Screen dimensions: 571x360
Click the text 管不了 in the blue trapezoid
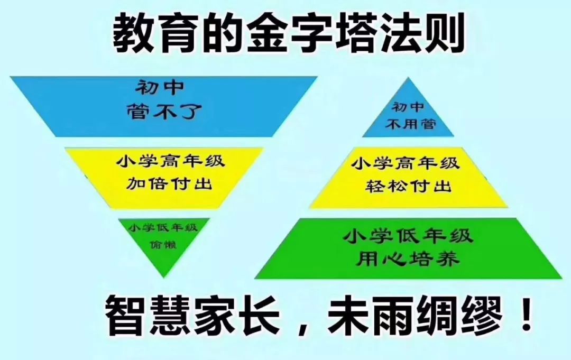(164, 111)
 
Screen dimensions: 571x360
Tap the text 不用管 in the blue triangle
(411, 124)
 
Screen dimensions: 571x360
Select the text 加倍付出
(169, 183)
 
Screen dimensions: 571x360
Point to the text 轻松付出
(408, 186)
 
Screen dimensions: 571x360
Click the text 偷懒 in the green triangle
(163, 244)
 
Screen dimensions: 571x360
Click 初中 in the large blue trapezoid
(160, 88)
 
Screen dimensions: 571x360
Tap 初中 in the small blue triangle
(408, 107)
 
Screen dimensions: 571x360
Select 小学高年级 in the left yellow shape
(170, 161)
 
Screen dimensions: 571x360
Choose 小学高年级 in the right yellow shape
(406, 163)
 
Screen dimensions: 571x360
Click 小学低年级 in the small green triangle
(163, 228)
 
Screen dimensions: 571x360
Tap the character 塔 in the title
(353, 33)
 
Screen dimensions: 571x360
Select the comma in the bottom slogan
(303, 326)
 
